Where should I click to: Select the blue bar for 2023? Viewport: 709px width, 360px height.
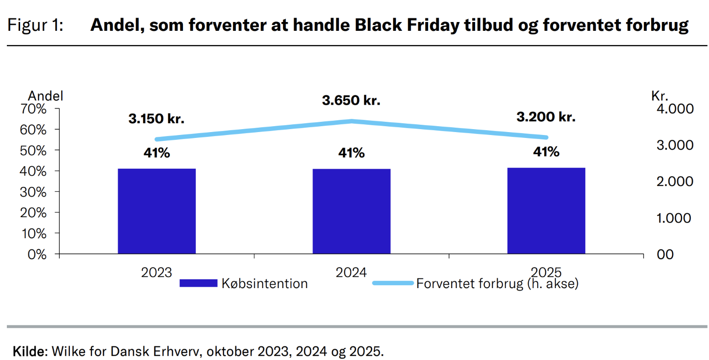157,211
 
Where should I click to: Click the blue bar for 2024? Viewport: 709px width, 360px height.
351,211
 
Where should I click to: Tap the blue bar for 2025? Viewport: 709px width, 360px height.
546,211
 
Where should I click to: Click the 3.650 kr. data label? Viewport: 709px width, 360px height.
351,101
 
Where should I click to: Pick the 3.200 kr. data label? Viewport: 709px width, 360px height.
546,117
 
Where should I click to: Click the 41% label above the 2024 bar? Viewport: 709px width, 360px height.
351,153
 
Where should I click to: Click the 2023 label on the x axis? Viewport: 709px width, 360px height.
157,272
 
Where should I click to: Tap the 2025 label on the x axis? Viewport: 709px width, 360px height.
546,272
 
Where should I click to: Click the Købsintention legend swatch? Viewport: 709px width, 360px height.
198,283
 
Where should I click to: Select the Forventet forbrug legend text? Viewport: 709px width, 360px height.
497,284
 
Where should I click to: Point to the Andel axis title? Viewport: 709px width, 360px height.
46,96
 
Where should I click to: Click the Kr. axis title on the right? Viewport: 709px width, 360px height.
660,96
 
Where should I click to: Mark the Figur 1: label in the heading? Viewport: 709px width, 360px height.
35,25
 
